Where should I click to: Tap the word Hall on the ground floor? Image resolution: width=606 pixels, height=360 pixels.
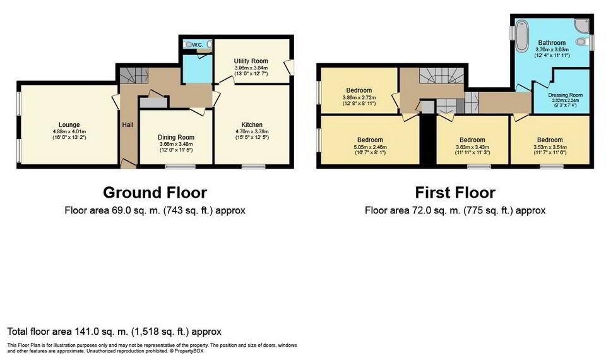click(x=128, y=125)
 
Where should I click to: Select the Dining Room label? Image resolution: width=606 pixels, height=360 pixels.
click(x=175, y=137)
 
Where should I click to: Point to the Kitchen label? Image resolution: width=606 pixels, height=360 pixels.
click(x=252, y=124)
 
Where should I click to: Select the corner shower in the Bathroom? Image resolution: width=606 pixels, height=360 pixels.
click(x=581, y=26)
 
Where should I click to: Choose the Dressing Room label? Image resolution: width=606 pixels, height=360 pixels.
click(x=566, y=95)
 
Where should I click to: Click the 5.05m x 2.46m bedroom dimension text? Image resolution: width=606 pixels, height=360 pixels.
click(x=369, y=147)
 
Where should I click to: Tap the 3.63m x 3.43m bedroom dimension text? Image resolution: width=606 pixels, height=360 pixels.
click(x=472, y=147)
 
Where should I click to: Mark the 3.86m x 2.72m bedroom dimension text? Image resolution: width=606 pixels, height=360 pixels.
click(x=359, y=98)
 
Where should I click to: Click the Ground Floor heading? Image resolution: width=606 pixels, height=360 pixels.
click(x=155, y=192)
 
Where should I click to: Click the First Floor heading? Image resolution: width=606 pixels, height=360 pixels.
click(x=454, y=192)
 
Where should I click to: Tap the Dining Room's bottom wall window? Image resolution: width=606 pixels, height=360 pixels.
click(x=176, y=167)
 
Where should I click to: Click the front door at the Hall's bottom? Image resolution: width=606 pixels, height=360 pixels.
click(x=128, y=165)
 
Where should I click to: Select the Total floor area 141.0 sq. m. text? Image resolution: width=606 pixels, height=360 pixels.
click(x=114, y=332)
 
